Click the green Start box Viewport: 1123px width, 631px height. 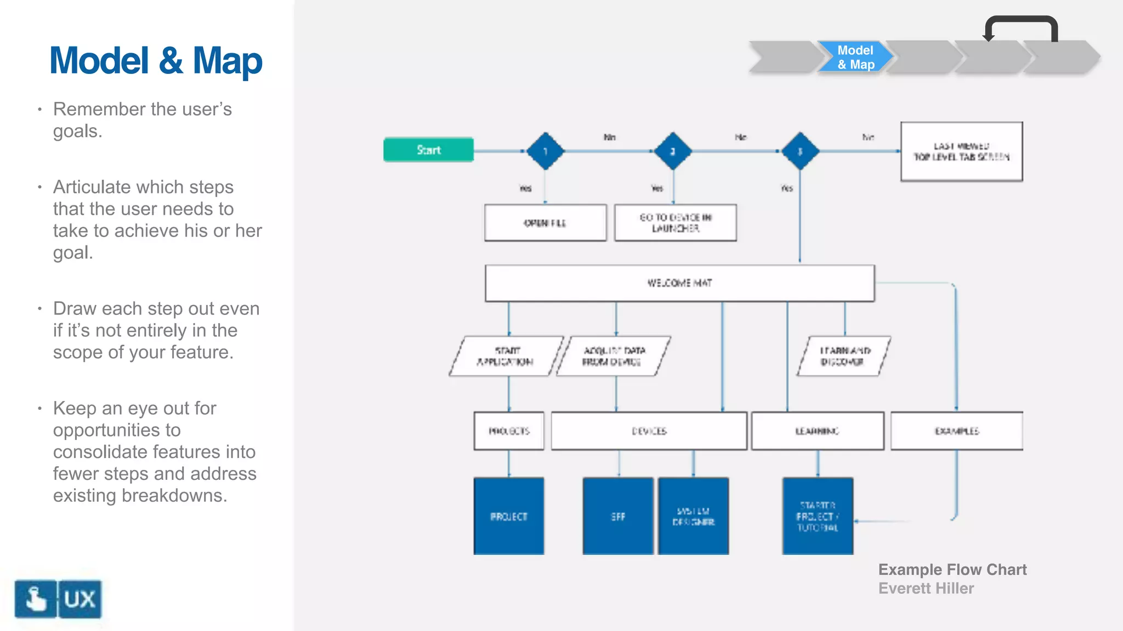click(x=428, y=150)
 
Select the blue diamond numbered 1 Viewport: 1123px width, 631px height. click(x=545, y=151)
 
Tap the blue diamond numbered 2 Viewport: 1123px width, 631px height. click(x=673, y=151)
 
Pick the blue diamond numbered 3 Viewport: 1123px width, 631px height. click(x=800, y=151)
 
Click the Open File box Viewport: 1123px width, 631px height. click(x=545, y=223)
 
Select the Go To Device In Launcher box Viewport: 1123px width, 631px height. click(x=675, y=223)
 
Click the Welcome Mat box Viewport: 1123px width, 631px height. click(x=679, y=283)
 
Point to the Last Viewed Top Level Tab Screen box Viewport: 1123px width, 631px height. click(x=961, y=152)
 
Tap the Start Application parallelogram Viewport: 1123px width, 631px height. click(x=506, y=356)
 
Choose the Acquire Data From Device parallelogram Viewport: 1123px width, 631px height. click(x=613, y=356)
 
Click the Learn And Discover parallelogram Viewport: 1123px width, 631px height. click(x=843, y=356)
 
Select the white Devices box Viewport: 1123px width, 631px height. click(x=649, y=431)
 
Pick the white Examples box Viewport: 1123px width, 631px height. click(x=956, y=431)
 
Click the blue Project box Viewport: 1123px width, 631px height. click(x=509, y=516)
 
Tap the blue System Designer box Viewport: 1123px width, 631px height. click(x=693, y=516)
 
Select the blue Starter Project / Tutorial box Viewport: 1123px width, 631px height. click(x=818, y=516)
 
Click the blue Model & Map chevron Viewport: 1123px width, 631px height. click(x=855, y=57)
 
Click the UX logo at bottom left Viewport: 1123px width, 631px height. click(x=58, y=599)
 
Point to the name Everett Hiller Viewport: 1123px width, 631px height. click(x=926, y=588)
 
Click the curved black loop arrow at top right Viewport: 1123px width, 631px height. click(x=1021, y=22)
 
